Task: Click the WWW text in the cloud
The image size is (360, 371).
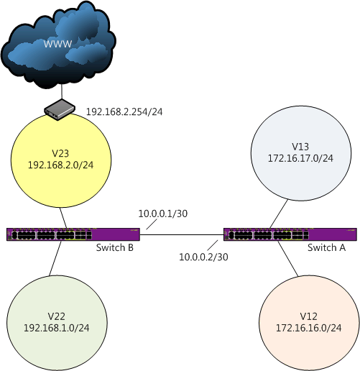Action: [57, 44]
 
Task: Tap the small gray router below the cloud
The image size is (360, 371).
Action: [60, 110]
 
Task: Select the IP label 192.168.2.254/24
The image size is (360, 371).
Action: [124, 112]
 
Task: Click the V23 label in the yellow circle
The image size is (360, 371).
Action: [60, 153]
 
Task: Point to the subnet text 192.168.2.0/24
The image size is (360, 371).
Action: [60, 165]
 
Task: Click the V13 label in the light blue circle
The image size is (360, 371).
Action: [300, 147]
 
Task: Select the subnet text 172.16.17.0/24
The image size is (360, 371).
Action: [300, 158]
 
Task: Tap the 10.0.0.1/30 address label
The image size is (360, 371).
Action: [163, 214]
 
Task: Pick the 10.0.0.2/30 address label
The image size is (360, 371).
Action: [203, 257]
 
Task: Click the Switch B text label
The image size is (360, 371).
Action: [115, 247]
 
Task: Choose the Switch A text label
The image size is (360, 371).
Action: [326, 247]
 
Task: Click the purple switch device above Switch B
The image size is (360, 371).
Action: [73, 234]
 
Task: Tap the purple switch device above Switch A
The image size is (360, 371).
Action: [290, 234]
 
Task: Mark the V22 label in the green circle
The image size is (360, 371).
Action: [57, 316]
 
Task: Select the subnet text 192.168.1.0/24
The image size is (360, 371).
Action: [57, 328]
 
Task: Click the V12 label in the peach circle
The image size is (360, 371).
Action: [309, 316]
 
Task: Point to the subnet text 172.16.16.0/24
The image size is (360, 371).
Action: [309, 328]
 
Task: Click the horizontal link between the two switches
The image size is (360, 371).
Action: [182, 234]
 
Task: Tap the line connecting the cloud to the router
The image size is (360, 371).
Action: [62, 92]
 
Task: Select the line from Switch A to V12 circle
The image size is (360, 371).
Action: [288, 259]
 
